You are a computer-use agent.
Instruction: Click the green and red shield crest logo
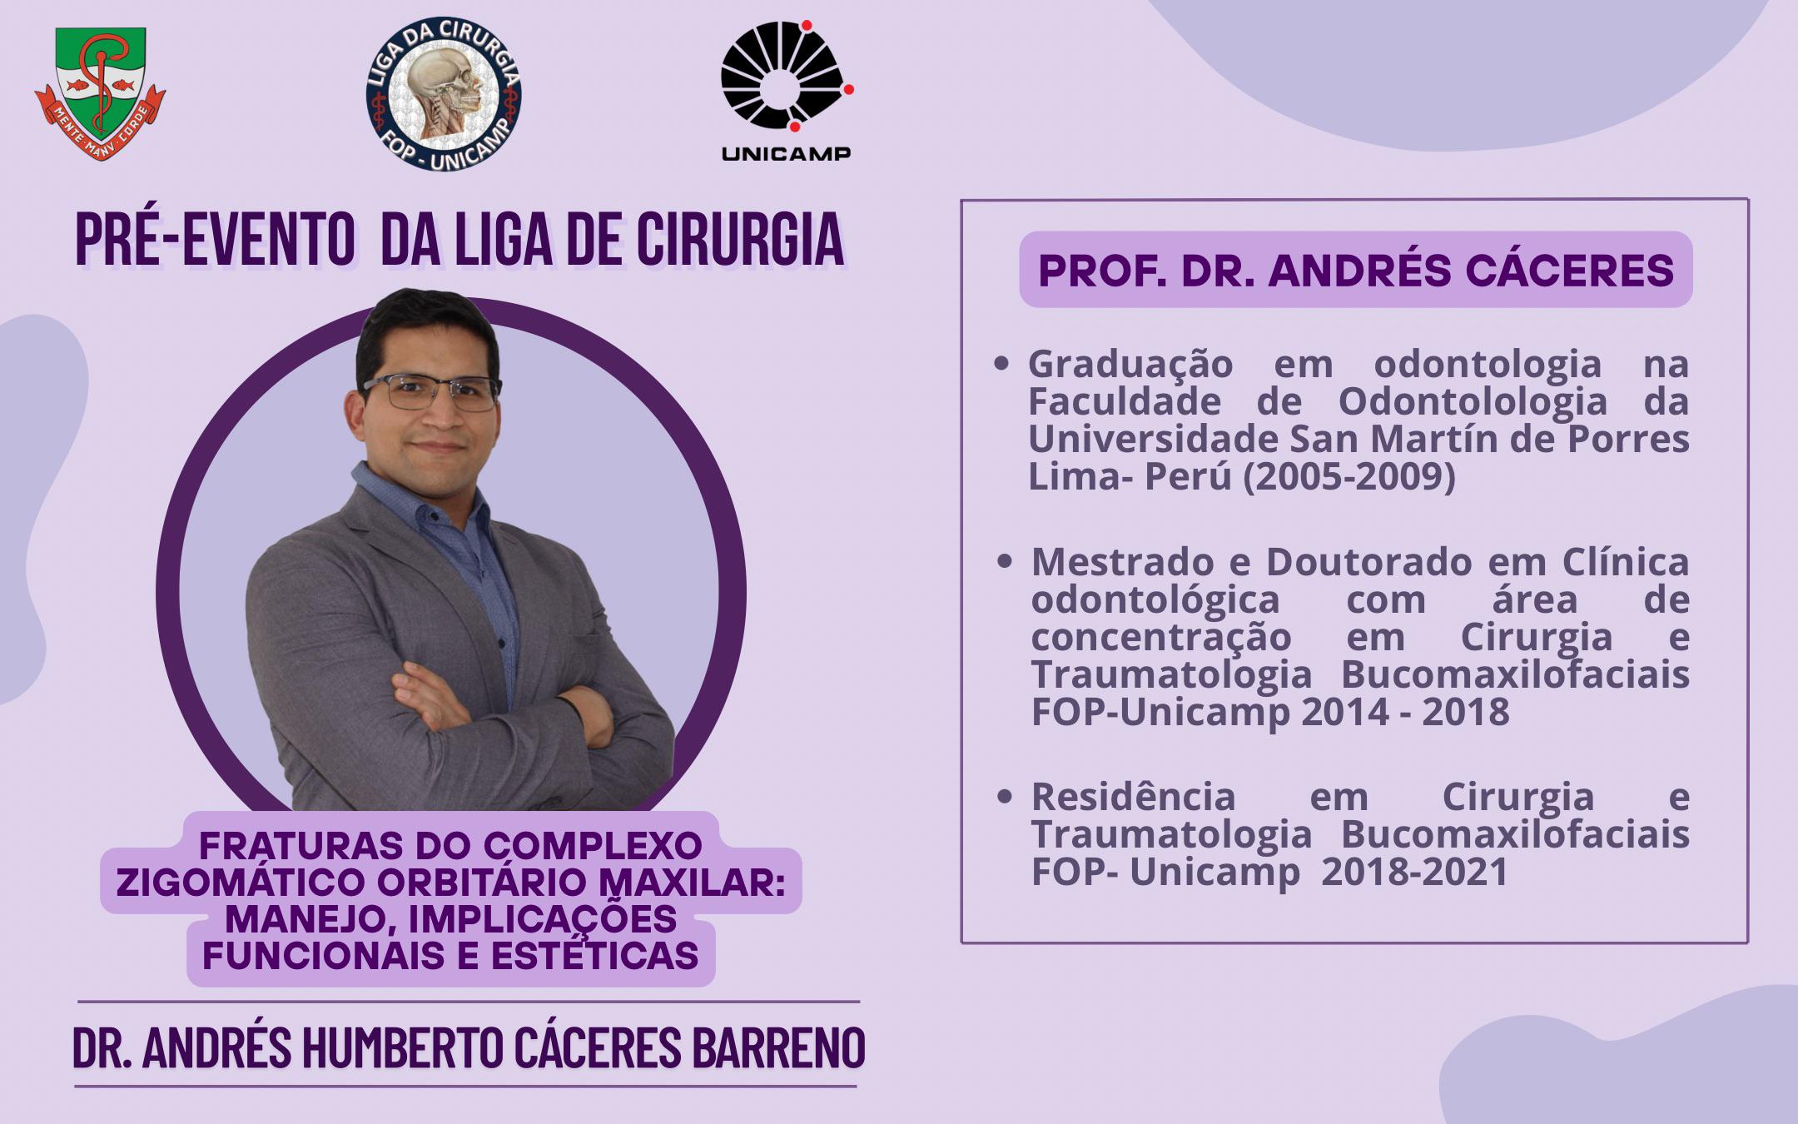pyautogui.click(x=100, y=93)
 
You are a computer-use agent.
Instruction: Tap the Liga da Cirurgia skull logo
pyautogui.click(x=444, y=93)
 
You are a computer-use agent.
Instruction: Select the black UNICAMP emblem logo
pyautogui.click(x=787, y=90)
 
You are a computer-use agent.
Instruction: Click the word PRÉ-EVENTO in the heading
pyautogui.click(x=215, y=241)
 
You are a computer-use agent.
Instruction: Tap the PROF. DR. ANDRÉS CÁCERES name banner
pyautogui.click(x=1356, y=270)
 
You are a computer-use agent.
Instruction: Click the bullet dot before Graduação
pyautogui.click(x=1001, y=364)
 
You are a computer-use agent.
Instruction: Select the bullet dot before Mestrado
pyautogui.click(x=1005, y=561)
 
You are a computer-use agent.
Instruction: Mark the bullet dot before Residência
pyautogui.click(x=1005, y=796)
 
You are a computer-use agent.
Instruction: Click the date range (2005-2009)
pyautogui.click(x=1349, y=476)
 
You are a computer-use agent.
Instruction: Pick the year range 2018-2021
pyautogui.click(x=1415, y=872)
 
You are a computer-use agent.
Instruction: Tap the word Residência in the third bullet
pyautogui.click(x=1134, y=797)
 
